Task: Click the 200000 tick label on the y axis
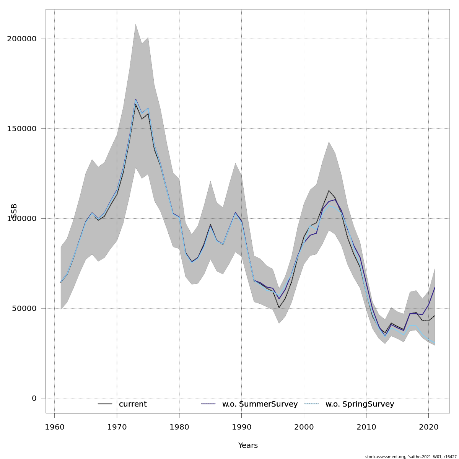(22, 39)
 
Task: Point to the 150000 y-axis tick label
(22, 129)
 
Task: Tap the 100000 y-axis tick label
(22, 218)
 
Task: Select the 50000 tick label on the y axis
(24, 308)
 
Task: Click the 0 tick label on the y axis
(34, 398)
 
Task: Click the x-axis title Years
(248, 446)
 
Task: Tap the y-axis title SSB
(14, 211)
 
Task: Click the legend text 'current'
(133, 404)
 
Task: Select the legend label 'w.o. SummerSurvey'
(260, 404)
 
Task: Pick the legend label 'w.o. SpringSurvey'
(360, 404)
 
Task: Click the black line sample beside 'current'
(105, 404)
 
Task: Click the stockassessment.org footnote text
(410, 457)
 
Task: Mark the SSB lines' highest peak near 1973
(135, 99)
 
